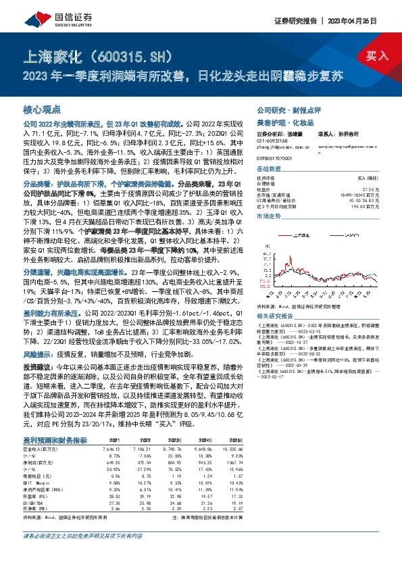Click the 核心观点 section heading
[x=42, y=109]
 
